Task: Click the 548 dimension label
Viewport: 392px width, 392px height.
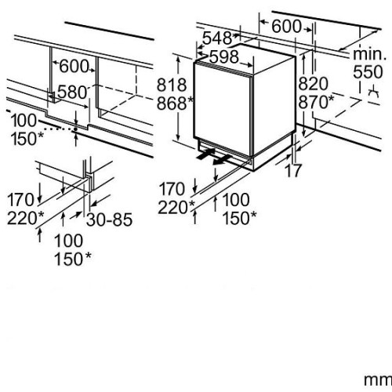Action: coord(217,38)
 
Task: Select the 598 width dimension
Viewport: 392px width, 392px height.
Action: coord(224,57)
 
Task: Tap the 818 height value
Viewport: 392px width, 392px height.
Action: coord(172,85)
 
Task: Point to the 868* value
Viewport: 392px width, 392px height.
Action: coord(175,103)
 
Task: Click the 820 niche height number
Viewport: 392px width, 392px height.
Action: coord(313,84)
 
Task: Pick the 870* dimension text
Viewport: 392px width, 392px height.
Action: coord(316,102)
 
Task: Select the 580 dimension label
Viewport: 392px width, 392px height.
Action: coord(72,92)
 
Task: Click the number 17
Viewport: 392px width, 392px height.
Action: coord(293,170)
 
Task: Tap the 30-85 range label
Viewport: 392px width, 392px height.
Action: coord(110,220)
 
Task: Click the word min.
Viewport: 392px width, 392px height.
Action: coord(369,54)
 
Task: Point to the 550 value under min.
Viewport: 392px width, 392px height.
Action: coord(368,72)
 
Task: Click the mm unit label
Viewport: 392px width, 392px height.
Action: coord(378,380)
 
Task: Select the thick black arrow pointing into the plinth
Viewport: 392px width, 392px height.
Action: coord(205,154)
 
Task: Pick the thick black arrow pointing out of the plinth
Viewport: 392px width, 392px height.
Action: coord(222,160)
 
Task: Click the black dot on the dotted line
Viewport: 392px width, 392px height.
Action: coord(76,129)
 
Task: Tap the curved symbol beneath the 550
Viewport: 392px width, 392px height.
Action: coord(373,92)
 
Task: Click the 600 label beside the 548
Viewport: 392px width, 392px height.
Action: coord(286,27)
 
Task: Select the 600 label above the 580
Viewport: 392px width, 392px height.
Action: coord(74,67)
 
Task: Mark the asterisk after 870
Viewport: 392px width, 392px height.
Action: coord(331,99)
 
